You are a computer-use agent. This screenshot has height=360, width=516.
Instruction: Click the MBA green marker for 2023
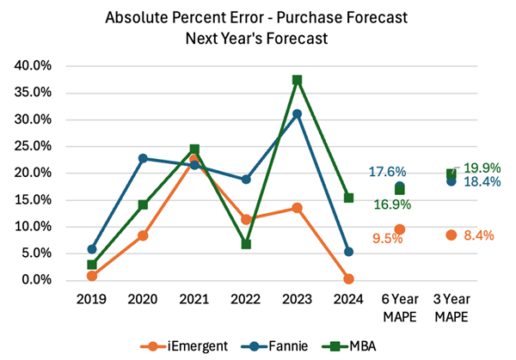[x=298, y=80]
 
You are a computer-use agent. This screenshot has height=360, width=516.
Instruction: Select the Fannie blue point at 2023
[x=298, y=113]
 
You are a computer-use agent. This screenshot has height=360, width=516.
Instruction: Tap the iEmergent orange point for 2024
[x=348, y=279]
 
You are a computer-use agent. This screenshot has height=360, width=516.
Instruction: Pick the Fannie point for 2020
[x=143, y=158]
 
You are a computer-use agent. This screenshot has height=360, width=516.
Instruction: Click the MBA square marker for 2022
[x=246, y=244]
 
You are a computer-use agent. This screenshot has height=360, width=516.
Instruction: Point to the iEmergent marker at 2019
[x=92, y=276]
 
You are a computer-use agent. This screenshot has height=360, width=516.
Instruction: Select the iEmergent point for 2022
[x=246, y=219]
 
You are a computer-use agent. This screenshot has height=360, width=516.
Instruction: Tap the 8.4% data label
[x=479, y=235]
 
